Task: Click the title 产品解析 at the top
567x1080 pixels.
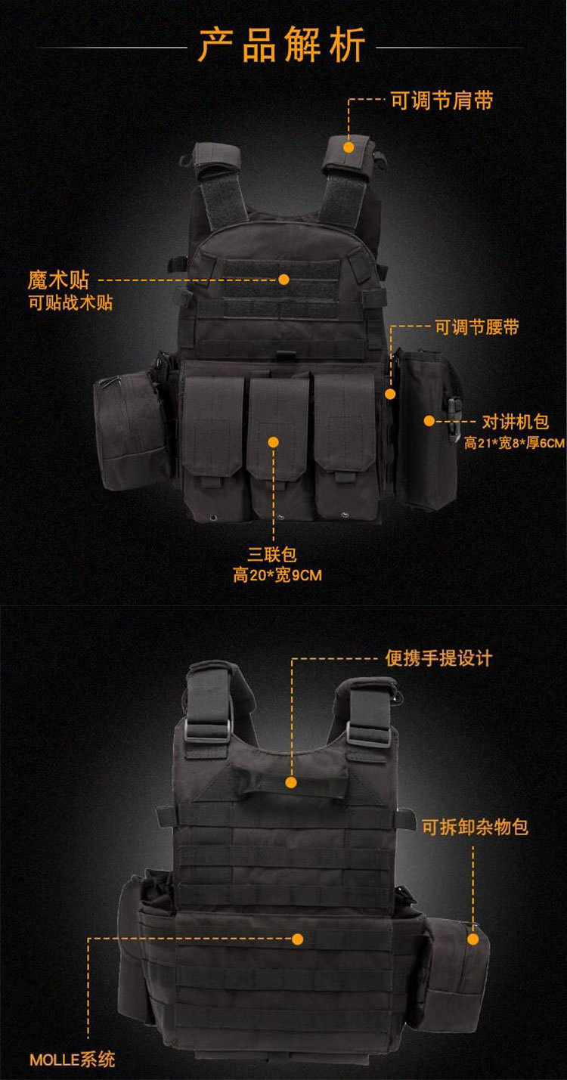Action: [x=282, y=45]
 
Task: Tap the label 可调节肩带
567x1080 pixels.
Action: [x=442, y=101]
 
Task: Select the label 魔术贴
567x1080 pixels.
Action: [x=58, y=280]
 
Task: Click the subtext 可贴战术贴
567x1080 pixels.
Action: [x=70, y=303]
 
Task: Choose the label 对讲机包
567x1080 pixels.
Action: [x=515, y=421]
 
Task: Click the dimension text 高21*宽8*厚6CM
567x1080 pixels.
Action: [x=514, y=443]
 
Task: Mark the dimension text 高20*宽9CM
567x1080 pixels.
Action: [x=277, y=576]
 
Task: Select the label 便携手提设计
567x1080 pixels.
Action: [x=438, y=658]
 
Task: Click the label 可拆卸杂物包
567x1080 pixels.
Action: [x=475, y=827]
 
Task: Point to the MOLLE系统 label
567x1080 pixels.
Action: [x=73, y=1060]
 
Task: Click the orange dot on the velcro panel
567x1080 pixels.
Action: [x=284, y=279]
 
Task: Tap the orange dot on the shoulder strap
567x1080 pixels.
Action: [x=349, y=147]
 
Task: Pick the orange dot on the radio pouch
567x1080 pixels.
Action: [x=429, y=421]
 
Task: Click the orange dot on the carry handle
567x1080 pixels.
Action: [x=293, y=782]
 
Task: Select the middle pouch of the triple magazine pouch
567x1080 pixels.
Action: [x=278, y=446]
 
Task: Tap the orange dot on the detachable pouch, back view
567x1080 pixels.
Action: [x=473, y=939]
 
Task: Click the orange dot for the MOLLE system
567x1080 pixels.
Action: [x=297, y=939]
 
